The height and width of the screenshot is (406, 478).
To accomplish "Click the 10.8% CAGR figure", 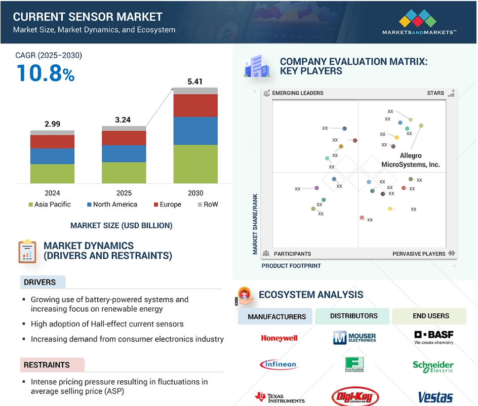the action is pos(46,73).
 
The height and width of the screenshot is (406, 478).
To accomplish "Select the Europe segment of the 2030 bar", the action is pos(195,105).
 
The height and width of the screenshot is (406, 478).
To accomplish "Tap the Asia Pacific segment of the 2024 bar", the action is pos(52,174).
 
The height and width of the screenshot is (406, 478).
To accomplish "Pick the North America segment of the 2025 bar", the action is pos(124,153).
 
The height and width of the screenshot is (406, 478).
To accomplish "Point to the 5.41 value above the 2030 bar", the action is pos(195,82).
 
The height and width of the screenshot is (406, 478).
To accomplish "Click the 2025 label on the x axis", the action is pos(124,193).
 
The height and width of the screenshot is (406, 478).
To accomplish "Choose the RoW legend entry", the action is pos(208,204).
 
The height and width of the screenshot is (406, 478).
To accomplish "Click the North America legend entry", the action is pos(112,204).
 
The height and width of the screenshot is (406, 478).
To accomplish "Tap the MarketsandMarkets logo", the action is pos(419,22).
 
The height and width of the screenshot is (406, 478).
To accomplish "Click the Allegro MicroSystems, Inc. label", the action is pos(411,160).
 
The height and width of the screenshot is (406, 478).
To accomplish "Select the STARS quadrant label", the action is pos(435,93).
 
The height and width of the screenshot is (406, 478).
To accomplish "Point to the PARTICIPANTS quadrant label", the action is pos(292,254).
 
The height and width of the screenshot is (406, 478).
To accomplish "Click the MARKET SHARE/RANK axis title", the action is pos(255,224).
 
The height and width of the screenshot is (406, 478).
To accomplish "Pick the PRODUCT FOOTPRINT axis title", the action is pos(291,266).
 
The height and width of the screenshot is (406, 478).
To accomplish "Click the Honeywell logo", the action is pos(279,338).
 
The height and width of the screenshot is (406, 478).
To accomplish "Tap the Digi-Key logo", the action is pos(355,397).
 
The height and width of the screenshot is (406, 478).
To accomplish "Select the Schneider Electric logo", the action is pos(433,367).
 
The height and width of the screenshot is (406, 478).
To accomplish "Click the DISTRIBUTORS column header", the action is pos(353,316).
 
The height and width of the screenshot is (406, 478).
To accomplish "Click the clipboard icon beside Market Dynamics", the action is pos(27,252).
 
